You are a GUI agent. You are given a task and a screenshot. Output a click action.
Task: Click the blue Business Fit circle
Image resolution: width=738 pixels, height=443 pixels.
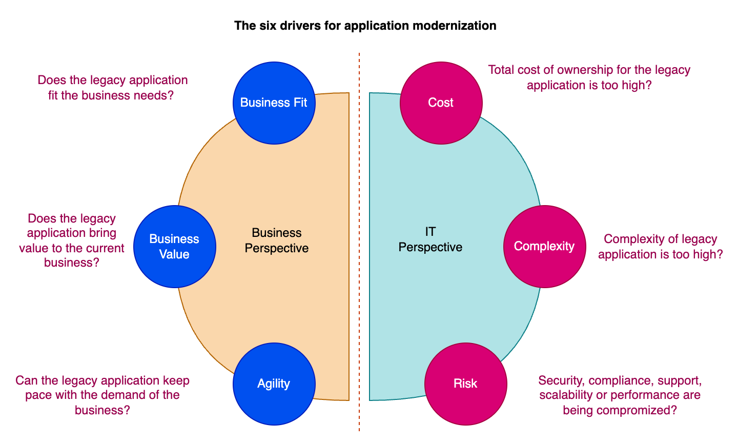point(274,103)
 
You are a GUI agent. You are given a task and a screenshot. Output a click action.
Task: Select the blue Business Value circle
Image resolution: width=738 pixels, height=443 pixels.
point(174,247)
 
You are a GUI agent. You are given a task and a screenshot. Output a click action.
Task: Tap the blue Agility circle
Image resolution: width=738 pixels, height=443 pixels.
point(274,384)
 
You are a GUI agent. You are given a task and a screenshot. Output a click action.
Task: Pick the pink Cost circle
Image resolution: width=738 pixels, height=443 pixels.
point(441,103)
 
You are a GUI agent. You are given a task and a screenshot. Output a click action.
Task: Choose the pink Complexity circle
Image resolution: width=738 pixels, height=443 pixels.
point(544,247)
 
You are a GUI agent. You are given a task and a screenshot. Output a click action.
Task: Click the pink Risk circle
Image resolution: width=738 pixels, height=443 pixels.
point(465,384)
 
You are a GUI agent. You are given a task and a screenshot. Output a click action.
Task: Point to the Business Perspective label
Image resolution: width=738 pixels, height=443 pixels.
point(277,240)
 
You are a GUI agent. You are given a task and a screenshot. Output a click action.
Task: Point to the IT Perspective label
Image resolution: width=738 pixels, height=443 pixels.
point(430,240)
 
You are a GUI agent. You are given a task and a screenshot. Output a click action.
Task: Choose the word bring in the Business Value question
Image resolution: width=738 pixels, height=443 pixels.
point(102,233)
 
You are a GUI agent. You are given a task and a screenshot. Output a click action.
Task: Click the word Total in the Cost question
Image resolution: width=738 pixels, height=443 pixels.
point(501,70)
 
